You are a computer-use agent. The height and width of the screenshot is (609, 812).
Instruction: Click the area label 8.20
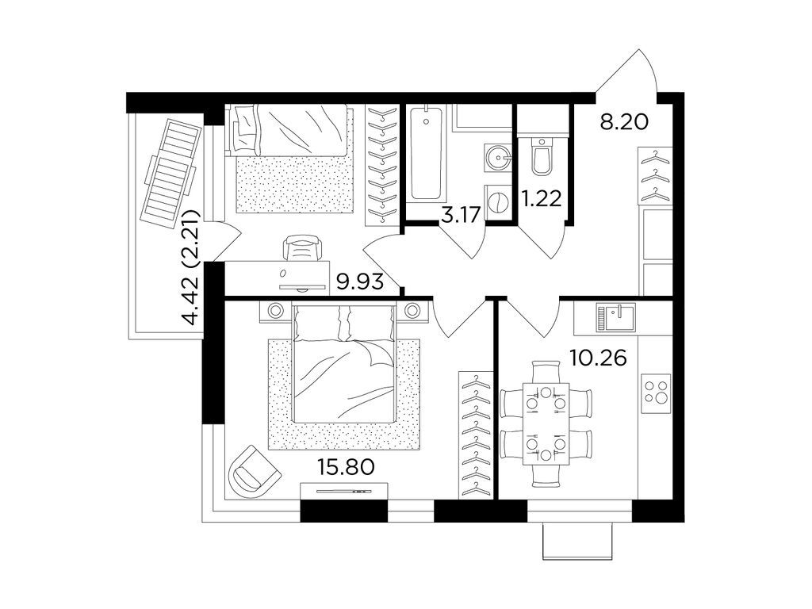click(624, 122)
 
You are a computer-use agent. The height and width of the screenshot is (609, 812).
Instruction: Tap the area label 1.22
click(543, 197)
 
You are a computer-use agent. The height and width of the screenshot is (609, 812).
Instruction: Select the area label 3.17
click(463, 213)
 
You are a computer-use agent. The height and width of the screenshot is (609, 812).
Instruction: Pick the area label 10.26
click(599, 358)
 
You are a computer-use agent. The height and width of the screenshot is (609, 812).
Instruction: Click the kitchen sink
click(617, 319)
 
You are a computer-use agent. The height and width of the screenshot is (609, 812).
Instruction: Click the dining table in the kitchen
click(547, 423)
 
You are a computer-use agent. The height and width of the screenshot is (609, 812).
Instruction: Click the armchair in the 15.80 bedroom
click(254, 469)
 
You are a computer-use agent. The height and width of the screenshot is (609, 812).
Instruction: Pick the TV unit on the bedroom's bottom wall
click(344, 493)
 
